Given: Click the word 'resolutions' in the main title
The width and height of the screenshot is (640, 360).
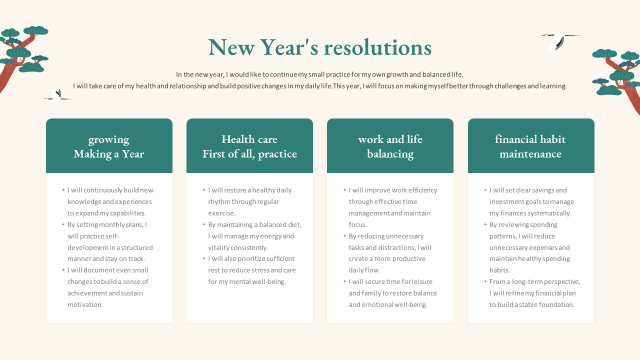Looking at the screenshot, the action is (377, 47).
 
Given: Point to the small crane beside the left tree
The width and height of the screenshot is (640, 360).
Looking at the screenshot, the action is (58, 95).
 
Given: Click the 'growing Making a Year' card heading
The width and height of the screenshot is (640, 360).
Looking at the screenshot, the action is (109, 146).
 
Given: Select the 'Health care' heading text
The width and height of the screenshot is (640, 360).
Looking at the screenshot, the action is (249, 139).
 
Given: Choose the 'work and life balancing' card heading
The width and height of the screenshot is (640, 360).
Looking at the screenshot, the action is (390, 146).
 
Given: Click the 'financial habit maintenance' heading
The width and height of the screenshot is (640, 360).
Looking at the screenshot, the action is (530, 146).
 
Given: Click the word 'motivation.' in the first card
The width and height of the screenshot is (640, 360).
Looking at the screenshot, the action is (85, 304).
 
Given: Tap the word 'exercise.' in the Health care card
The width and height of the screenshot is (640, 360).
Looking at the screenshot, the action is (222, 213).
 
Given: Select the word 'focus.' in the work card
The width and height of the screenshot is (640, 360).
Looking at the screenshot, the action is (357, 224).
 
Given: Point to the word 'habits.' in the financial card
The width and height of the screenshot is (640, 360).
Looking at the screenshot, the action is (499, 270).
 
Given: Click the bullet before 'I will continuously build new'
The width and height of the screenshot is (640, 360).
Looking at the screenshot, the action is (63, 190).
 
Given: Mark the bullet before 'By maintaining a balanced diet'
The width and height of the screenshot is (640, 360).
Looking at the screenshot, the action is (204, 224).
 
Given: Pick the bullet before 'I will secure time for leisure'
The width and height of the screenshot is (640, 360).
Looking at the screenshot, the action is (344, 281).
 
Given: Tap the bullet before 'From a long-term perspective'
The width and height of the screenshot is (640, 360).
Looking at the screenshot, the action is (485, 281).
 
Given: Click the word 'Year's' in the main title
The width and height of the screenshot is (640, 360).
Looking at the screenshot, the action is (289, 47).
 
